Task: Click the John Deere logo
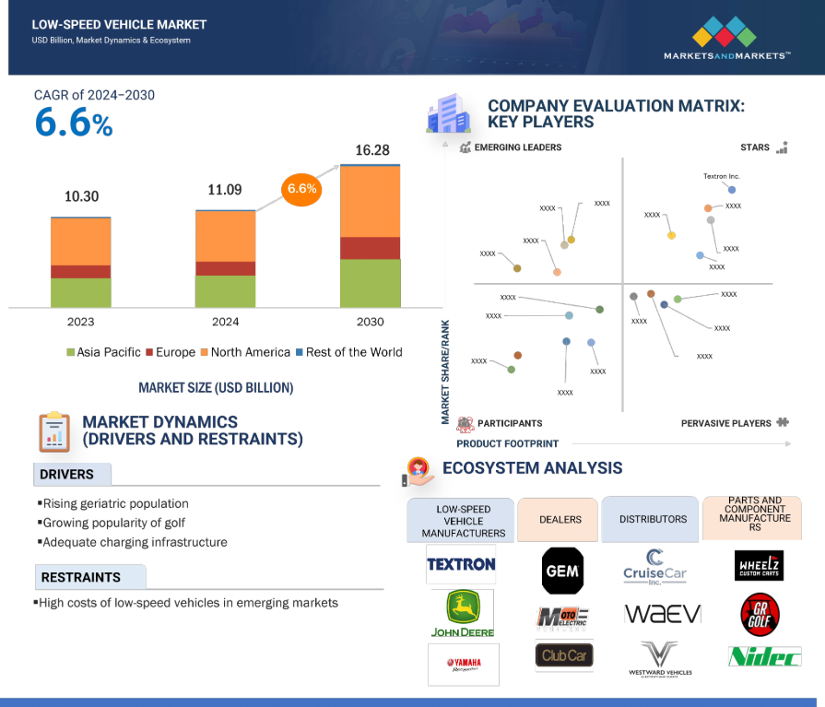[x=463, y=613]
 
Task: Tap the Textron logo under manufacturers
[x=461, y=563]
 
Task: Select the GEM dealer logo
[x=562, y=571]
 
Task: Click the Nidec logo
[x=760, y=655]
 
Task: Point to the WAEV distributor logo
[x=662, y=614]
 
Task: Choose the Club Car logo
[x=564, y=655]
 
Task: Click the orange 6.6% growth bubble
[x=302, y=189]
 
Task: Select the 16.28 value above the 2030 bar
[x=372, y=149]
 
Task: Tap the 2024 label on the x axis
[x=225, y=322]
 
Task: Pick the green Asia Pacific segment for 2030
[x=371, y=282]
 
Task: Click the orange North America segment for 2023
[x=81, y=242]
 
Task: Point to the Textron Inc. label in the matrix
[x=722, y=175]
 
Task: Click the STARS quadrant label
[x=755, y=147]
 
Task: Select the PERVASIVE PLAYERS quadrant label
[x=726, y=423]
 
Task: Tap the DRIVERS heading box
[x=72, y=475]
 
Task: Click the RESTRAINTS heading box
[x=89, y=577]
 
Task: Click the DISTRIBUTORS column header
[x=653, y=519]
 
